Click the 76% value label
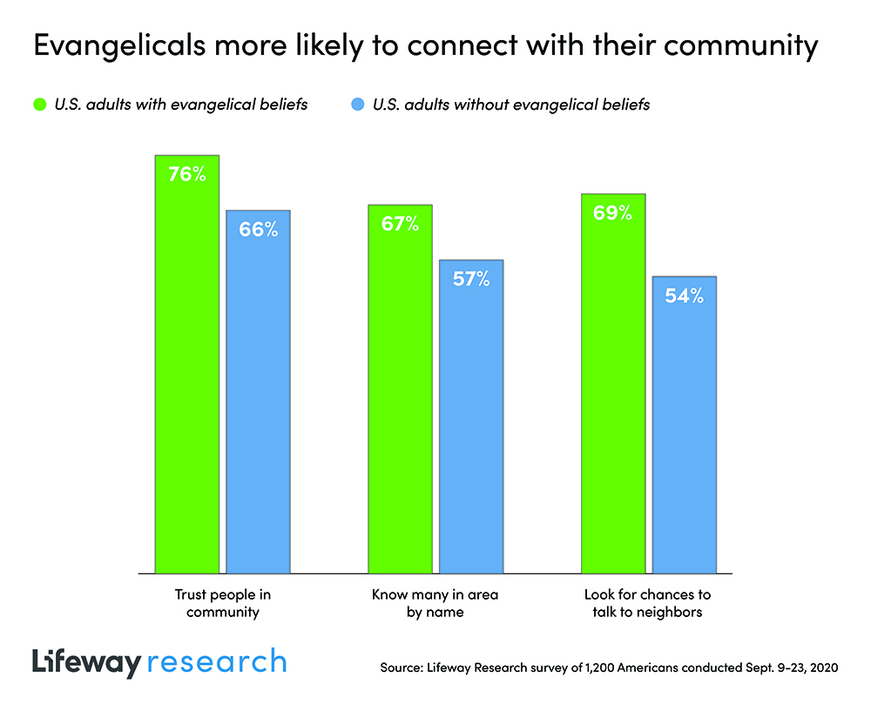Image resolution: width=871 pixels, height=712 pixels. pos(187,174)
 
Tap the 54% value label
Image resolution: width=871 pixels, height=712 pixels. pos(685,295)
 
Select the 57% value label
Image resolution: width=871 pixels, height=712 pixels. pos(471,279)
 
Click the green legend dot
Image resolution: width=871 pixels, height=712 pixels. pos(37,105)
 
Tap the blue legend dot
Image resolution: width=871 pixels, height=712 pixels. pos(358,105)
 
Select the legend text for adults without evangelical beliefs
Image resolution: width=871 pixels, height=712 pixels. pos(511,105)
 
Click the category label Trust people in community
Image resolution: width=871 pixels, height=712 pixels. pos(217,603)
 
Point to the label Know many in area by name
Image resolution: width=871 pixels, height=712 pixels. pos(435,603)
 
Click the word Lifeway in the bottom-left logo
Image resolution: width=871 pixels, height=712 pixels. pos(85,661)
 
